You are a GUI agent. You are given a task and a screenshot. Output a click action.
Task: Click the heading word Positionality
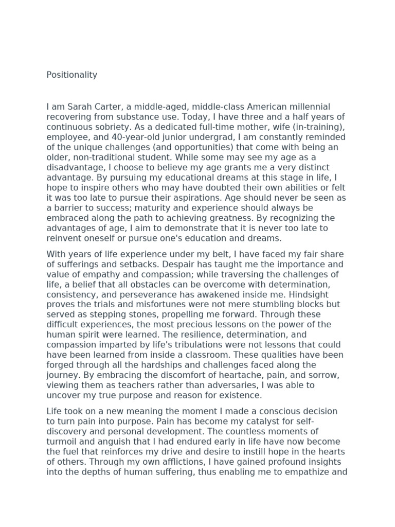71,75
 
